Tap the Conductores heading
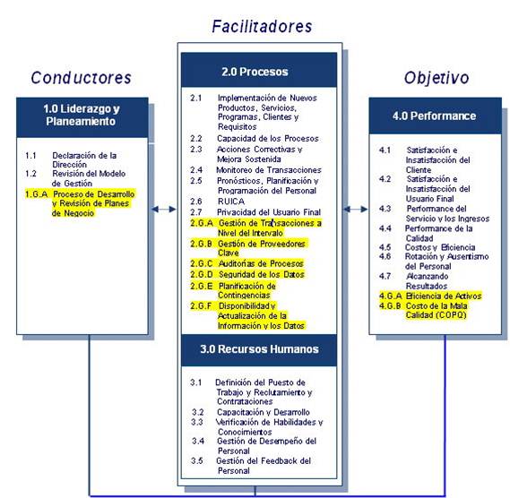click(81, 77)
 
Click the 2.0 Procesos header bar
click(260, 72)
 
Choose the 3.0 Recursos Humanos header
click(260, 349)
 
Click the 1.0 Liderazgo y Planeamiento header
click(81, 115)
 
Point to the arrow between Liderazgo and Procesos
click(163, 210)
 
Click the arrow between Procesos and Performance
click(357, 210)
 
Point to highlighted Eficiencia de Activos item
click(444, 296)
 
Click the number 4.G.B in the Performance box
click(391, 305)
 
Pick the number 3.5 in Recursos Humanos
click(198, 460)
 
